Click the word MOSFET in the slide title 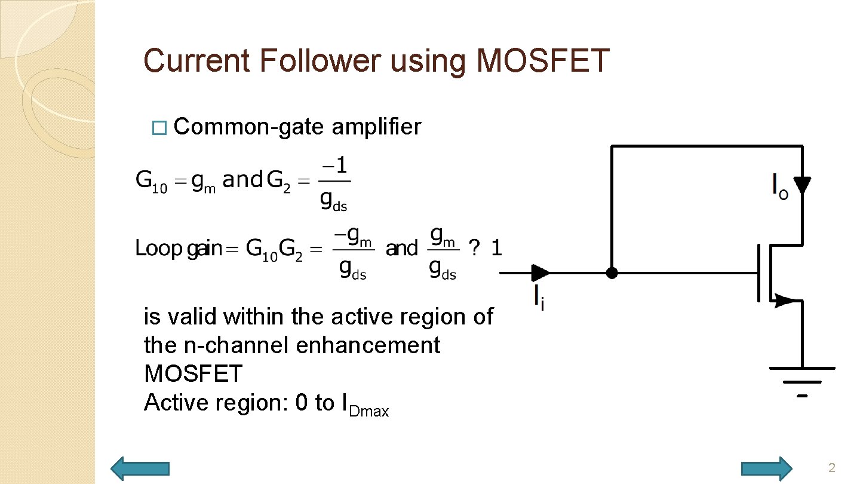[x=542, y=61]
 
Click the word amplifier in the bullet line [x=376, y=127]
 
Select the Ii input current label [x=539, y=298]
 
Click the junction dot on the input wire [x=612, y=273]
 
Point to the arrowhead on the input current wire [x=540, y=273]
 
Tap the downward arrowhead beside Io [x=802, y=185]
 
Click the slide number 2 [x=831, y=468]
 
